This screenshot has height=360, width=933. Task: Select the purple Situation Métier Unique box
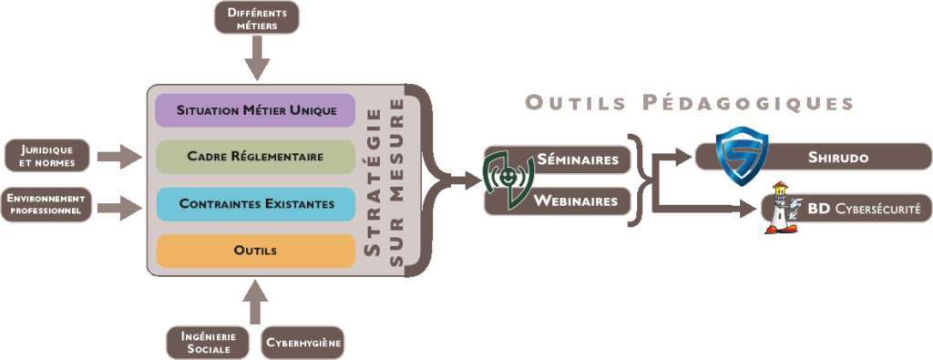(255, 111)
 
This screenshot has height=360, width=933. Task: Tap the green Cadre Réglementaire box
(255, 157)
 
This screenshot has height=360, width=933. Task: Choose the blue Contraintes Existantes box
(255, 204)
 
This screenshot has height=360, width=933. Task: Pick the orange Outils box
(255, 251)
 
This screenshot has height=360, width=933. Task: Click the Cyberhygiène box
(302, 343)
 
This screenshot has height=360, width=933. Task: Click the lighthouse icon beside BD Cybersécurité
(781, 210)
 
